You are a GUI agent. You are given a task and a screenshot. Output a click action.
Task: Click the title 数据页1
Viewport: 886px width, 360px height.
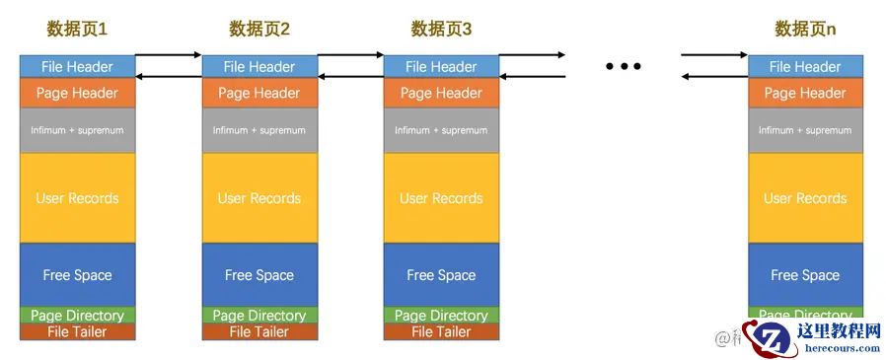77,30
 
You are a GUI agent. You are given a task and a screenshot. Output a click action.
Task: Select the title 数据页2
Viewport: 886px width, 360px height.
259,30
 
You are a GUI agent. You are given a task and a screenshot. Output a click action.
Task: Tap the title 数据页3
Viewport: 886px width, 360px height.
441,30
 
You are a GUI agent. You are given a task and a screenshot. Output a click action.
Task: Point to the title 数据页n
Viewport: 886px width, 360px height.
805,30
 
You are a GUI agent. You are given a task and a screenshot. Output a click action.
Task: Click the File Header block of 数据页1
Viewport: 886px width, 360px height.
77,67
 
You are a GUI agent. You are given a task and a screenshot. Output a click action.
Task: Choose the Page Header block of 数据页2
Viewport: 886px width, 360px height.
259,93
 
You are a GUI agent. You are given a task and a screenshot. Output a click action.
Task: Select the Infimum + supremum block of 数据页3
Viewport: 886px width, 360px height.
441,130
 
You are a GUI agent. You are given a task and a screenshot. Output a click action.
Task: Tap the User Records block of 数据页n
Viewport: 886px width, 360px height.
805,198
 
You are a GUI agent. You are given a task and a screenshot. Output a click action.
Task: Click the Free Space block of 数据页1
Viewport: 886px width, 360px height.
77,275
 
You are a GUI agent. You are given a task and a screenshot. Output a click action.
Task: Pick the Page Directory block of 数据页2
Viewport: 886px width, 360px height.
259,316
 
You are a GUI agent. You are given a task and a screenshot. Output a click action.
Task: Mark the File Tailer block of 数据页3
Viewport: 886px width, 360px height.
441,332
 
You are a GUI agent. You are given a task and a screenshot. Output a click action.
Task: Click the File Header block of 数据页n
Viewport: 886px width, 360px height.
805,67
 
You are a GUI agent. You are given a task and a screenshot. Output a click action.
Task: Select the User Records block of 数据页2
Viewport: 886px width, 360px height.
259,198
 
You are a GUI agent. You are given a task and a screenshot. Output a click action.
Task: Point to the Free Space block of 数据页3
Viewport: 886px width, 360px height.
441,275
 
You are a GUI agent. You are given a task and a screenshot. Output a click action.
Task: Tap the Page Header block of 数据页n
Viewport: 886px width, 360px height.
805,93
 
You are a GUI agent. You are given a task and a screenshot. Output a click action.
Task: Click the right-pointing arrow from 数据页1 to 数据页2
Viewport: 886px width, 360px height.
168,55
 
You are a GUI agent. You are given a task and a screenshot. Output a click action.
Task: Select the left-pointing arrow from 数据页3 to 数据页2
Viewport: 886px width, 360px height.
350,76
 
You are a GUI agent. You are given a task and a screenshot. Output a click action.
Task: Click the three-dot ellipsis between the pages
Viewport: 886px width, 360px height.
624,66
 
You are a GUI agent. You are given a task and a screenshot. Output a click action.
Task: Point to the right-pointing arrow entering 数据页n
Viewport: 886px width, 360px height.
714,55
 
